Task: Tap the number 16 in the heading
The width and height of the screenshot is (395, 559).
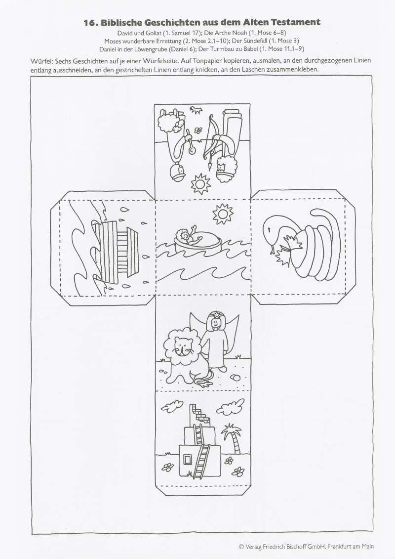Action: click(x=90, y=23)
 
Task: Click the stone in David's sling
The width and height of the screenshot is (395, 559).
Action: click(x=193, y=150)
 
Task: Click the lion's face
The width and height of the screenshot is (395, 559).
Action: click(x=183, y=347)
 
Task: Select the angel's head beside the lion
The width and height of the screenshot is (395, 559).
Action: click(x=215, y=323)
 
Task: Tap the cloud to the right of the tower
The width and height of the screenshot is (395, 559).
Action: click(x=230, y=406)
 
